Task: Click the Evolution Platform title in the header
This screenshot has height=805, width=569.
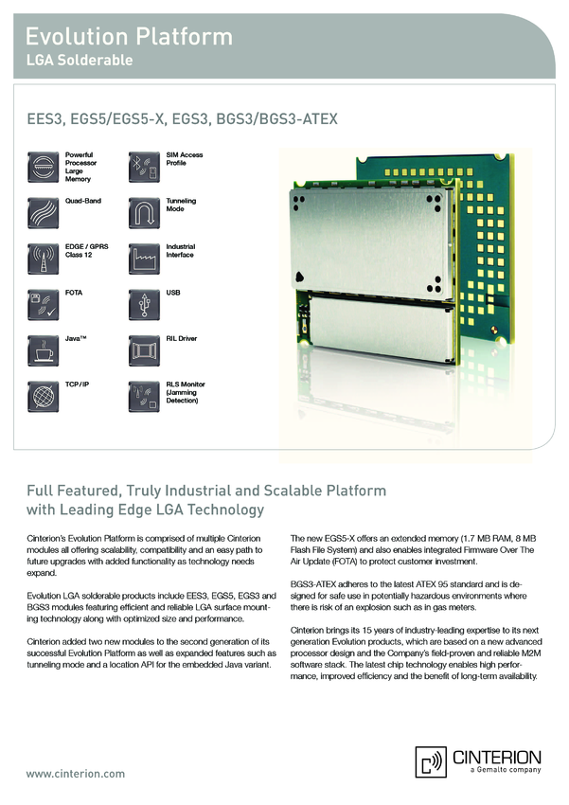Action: point(129,37)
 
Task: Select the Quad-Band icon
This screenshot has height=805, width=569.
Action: point(43,212)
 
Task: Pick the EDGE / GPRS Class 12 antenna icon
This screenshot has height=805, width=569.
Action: point(43,259)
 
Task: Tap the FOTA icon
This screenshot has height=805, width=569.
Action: point(43,304)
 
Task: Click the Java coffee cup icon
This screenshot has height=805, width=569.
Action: point(43,349)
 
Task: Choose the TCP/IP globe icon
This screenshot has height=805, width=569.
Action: point(43,396)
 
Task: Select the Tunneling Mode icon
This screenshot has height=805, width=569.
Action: point(143,212)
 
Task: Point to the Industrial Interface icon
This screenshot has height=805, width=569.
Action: point(143,259)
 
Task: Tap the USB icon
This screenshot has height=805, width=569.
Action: point(143,304)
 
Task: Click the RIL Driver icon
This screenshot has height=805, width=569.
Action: point(143,349)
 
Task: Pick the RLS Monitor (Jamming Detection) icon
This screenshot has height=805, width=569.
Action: point(143,396)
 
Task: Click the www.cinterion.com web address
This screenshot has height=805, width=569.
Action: point(75,774)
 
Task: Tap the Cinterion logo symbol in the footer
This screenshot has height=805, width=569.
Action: point(431,760)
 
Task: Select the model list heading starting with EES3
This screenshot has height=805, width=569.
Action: point(182,120)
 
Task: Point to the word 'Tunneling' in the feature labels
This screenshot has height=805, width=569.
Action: point(182,201)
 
